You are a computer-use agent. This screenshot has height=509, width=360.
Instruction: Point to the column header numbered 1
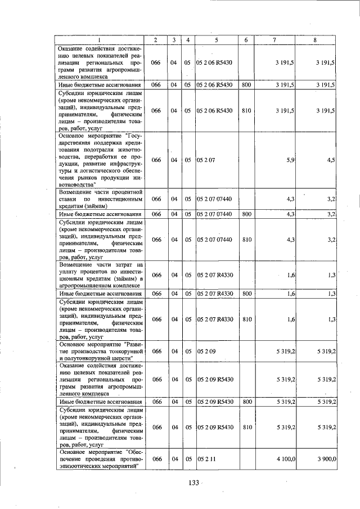point(99,40)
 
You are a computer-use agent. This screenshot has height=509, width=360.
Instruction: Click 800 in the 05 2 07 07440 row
point(246,214)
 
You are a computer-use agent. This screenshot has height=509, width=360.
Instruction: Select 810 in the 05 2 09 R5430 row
point(246,427)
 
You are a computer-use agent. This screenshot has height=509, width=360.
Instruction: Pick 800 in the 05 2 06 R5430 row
point(246,85)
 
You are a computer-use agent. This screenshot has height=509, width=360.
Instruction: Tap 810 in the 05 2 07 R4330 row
point(246,319)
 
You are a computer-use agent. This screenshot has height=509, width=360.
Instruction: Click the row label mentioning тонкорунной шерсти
point(99,351)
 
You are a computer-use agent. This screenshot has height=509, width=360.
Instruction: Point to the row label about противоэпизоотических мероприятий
point(99,460)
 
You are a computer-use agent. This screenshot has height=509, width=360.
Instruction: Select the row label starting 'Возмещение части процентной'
point(99,199)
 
